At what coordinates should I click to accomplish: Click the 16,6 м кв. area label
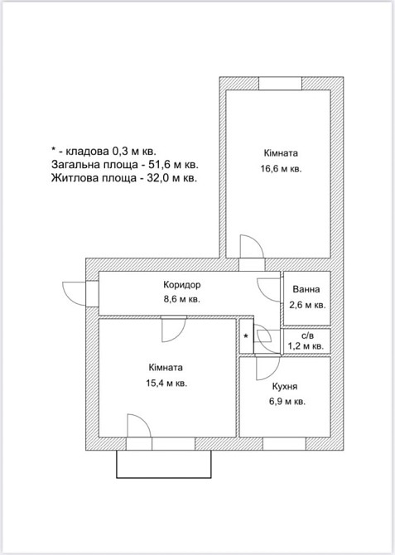coord(281,169)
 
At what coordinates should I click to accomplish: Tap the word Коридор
coord(182,285)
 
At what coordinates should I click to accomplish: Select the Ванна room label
coord(306,289)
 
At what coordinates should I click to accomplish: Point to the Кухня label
coord(285,386)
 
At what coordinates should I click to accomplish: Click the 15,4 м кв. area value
coord(166,383)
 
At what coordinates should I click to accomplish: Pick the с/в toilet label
coord(307,335)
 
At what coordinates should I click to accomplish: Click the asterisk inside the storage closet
coord(246,336)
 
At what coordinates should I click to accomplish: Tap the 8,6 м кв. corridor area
coord(182,299)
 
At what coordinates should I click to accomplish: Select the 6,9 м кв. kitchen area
coord(287,402)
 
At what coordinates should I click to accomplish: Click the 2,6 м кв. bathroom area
coord(307,305)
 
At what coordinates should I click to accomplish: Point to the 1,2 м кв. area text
coord(306,345)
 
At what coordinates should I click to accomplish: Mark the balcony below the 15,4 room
coord(164,464)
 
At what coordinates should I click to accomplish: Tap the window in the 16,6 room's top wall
coord(280,83)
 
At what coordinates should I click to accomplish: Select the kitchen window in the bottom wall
coord(284,444)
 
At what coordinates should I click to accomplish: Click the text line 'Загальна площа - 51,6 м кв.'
coord(125,165)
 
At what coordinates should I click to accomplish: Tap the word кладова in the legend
coord(88,152)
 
